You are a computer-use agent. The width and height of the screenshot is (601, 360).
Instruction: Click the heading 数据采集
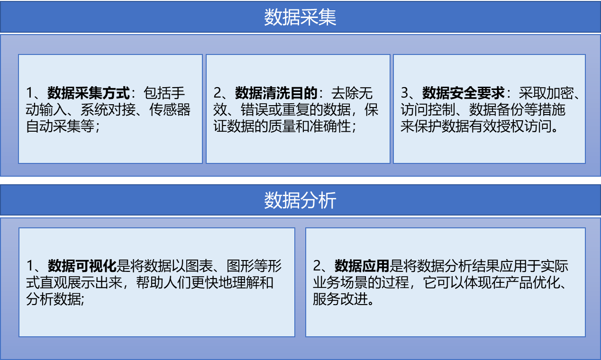[x=300, y=17]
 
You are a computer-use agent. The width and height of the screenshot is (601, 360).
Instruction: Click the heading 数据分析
[x=300, y=200]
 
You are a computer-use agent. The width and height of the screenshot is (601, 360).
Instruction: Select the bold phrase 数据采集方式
[x=89, y=93]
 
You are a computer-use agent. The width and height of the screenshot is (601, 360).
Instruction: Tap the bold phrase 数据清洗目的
[x=276, y=93]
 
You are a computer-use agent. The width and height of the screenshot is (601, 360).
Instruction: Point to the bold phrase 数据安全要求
[x=464, y=93]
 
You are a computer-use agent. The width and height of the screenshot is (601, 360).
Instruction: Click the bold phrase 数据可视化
[x=82, y=266]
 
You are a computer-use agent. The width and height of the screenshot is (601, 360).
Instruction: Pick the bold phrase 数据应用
[x=362, y=266]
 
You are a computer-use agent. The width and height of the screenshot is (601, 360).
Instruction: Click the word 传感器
[x=170, y=109]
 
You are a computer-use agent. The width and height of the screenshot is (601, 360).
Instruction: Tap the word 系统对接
[x=108, y=109]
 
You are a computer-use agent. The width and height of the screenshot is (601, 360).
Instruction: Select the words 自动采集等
[x=60, y=126]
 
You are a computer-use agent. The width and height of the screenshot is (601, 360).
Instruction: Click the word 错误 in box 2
[x=255, y=109]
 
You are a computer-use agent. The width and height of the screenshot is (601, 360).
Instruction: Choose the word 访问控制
[x=428, y=109]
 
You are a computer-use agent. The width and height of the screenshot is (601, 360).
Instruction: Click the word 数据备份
[x=496, y=109]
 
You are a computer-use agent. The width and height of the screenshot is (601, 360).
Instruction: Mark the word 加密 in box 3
[x=560, y=93]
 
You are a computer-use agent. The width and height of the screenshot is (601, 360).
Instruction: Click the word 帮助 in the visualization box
[x=150, y=282]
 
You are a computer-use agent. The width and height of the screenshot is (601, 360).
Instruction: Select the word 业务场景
[x=340, y=282]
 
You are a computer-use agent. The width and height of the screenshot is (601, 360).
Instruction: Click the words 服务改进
[x=340, y=299]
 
